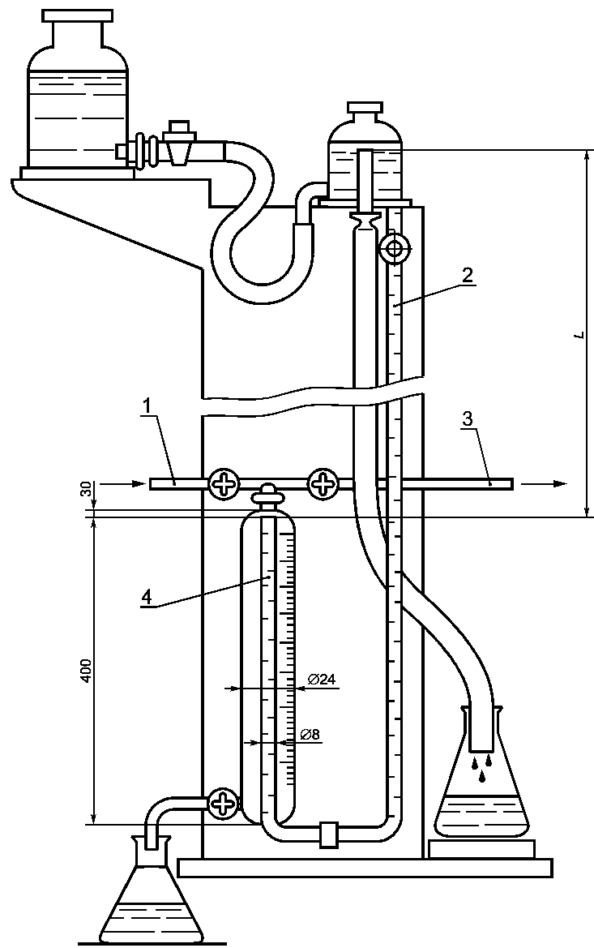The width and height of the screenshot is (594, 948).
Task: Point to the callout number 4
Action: (x=146, y=596)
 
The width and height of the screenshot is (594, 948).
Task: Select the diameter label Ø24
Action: (x=321, y=680)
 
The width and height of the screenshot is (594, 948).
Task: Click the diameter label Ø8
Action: (x=310, y=735)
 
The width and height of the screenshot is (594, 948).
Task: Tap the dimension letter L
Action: (x=578, y=334)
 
